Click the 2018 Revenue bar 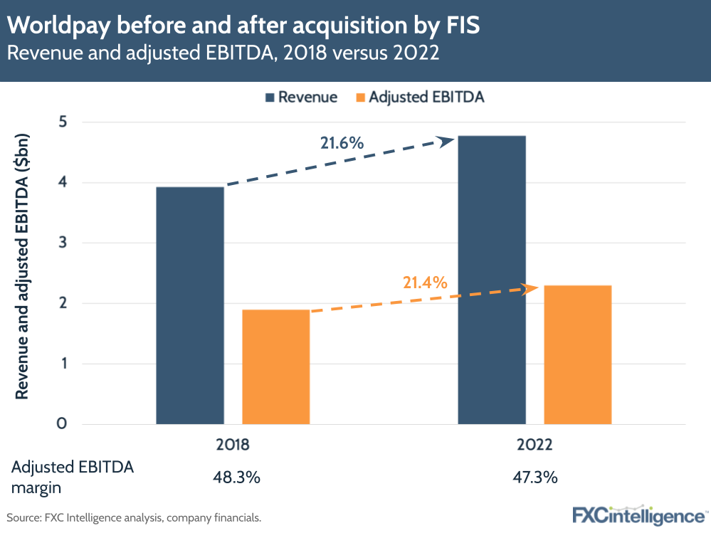(x=189, y=306)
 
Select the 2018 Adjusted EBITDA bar (x=276, y=367)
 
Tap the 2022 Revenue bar (x=492, y=280)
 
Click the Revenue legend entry (x=300, y=97)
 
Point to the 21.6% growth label (x=342, y=143)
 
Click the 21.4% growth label (x=425, y=283)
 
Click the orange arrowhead (x=530, y=288)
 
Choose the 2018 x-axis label (x=232, y=445)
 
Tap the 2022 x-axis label (x=534, y=445)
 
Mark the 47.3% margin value (x=534, y=477)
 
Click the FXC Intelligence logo (x=638, y=514)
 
